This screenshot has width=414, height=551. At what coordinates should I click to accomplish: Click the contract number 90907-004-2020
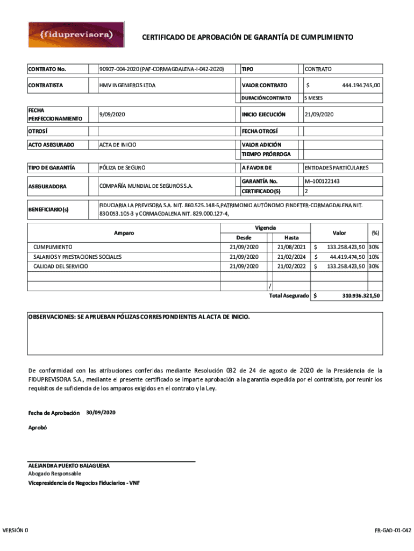(x=161, y=69)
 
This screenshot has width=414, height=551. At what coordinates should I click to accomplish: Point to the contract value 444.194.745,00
(x=361, y=86)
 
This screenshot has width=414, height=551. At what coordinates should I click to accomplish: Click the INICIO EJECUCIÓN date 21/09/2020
(x=319, y=115)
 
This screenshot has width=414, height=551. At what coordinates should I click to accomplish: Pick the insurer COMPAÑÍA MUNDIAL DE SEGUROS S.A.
(x=146, y=186)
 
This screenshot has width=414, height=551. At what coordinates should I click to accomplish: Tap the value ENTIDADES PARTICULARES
(x=337, y=168)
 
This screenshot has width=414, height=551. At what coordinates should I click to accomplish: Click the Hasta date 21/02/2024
(x=291, y=257)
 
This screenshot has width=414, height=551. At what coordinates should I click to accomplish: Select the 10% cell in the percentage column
(x=374, y=257)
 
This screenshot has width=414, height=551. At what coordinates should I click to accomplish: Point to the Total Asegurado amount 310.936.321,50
(x=361, y=296)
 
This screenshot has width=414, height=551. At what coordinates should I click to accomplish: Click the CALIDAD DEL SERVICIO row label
(x=61, y=266)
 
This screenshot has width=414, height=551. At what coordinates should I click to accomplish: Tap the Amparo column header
(x=124, y=233)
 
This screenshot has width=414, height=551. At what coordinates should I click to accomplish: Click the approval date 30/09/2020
(x=101, y=412)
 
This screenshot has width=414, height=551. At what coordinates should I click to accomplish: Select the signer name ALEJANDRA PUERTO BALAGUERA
(x=69, y=465)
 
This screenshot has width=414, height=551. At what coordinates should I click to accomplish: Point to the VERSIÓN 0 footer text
(x=16, y=531)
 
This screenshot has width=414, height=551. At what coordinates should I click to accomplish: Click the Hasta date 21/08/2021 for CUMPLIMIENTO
(x=291, y=247)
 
